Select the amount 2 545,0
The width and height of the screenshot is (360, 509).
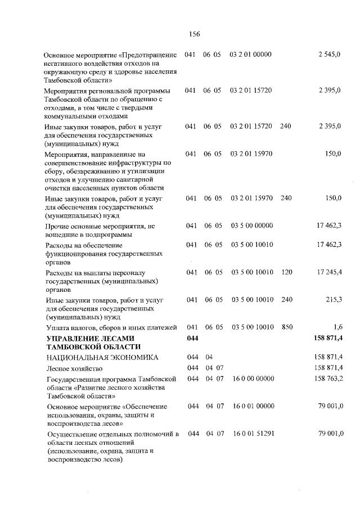(330, 55)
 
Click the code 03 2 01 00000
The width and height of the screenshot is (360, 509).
(251, 55)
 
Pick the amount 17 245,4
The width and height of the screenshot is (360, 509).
(329, 272)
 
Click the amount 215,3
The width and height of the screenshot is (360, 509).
(334, 299)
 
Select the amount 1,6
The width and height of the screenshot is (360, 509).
(337, 327)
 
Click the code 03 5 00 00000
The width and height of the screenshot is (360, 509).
(251, 226)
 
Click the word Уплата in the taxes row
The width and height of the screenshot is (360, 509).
(58, 327)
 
